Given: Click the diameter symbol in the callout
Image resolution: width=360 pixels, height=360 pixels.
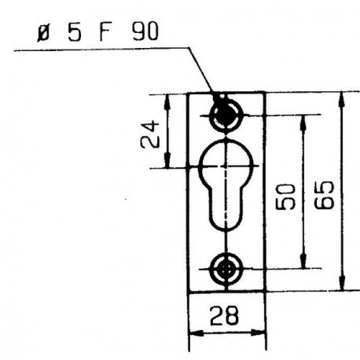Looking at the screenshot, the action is [x=43, y=34].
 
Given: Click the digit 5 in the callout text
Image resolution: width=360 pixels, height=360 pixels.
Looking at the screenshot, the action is [x=74, y=33].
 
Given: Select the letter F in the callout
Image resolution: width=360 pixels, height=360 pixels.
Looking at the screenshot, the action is [x=106, y=32].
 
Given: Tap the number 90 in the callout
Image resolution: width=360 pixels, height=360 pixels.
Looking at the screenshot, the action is [x=145, y=31].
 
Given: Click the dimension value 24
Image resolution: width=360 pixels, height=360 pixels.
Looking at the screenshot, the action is [x=150, y=134].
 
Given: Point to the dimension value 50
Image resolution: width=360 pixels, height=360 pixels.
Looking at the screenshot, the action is [x=285, y=197].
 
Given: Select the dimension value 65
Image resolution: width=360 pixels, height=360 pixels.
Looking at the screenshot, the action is [x=324, y=195].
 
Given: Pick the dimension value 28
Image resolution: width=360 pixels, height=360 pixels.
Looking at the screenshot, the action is [x=224, y=316].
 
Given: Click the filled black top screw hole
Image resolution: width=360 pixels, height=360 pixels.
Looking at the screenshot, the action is [x=225, y=116].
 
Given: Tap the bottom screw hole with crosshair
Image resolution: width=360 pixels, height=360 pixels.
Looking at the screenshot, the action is [x=226, y=270].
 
